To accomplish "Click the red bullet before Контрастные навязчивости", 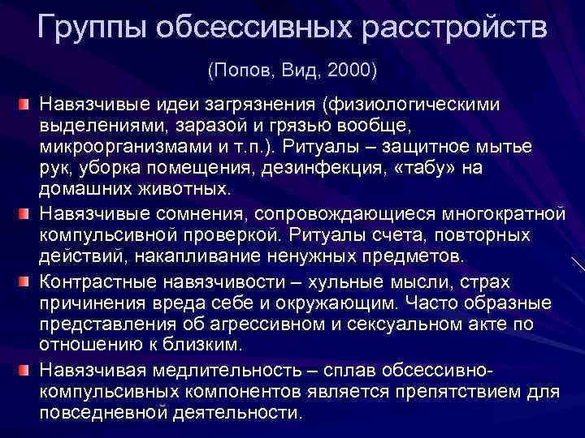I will (25, 281).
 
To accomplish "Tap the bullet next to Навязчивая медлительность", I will (25, 370).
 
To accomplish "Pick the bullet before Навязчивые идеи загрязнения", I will (25, 105).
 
